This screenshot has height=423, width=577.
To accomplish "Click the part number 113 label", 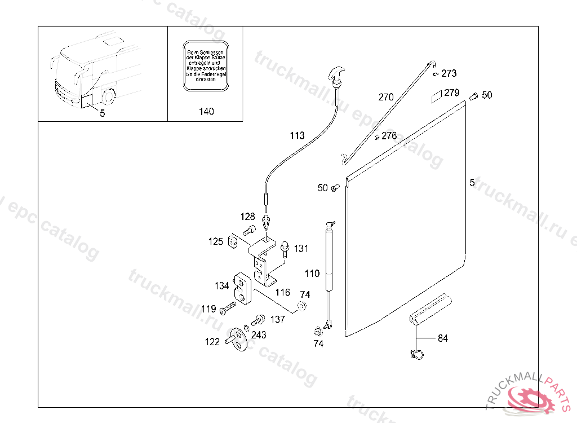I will (x=297, y=135).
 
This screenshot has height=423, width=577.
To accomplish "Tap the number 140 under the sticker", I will (x=206, y=112).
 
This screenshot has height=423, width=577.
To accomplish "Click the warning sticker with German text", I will (x=206, y=65).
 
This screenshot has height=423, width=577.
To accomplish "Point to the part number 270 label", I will (x=386, y=97).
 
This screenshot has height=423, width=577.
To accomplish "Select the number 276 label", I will (x=389, y=136).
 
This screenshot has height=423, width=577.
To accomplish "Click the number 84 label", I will (x=443, y=338).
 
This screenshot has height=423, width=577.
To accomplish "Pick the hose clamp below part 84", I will (x=416, y=355).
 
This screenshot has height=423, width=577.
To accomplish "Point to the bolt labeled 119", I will (x=228, y=308).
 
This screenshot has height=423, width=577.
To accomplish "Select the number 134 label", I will (x=221, y=285).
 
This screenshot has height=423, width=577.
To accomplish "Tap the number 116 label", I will (x=282, y=292).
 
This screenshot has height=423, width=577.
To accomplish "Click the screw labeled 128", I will (x=248, y=230).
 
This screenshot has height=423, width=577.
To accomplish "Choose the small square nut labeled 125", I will (x=232, y=242).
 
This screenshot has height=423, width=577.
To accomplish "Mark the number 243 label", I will (x=259, y=335).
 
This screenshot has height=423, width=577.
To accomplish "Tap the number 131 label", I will (x=301, y=248).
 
